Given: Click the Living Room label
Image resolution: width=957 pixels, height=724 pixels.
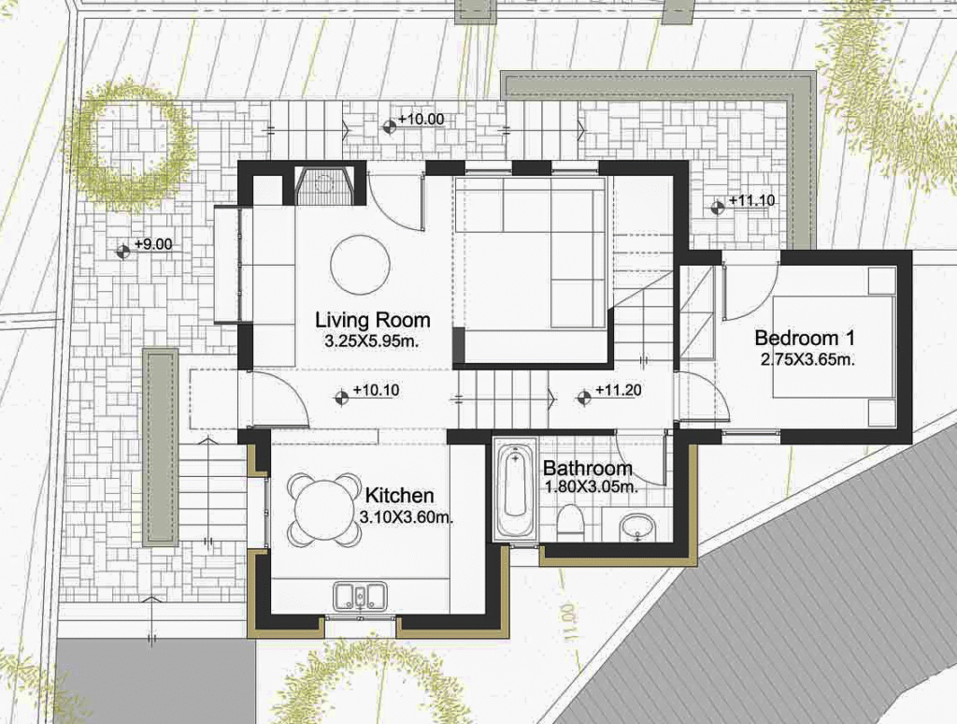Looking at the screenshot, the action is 372,320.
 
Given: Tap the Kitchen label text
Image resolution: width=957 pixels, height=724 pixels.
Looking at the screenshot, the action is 399,496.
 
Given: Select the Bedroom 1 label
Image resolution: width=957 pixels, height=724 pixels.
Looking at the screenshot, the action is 805,338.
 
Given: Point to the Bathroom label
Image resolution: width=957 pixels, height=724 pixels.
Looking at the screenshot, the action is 587,469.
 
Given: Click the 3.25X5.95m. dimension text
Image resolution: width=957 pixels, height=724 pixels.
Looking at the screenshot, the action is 372,341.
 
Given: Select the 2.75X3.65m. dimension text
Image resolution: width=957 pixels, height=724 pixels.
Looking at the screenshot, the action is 807,360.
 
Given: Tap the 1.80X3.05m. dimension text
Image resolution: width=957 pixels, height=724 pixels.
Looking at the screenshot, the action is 591,487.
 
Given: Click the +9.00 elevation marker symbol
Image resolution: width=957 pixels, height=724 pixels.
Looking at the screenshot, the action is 123,251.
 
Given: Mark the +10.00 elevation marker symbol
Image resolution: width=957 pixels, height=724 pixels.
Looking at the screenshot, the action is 389,126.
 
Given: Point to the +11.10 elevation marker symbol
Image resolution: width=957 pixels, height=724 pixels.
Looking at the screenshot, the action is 717,207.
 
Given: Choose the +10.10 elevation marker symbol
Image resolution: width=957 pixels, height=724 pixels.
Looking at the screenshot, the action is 342,398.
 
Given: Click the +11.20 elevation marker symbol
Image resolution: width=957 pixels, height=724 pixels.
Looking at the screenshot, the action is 583,398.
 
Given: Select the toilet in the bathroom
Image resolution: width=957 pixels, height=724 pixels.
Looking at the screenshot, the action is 571,520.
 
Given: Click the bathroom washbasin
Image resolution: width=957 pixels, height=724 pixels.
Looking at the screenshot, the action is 636,528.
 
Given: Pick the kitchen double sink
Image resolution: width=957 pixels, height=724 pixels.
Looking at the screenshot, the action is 360,596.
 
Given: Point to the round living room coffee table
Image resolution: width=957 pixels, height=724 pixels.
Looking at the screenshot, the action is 360,265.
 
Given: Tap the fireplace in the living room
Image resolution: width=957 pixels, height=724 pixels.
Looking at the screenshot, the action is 325,186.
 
